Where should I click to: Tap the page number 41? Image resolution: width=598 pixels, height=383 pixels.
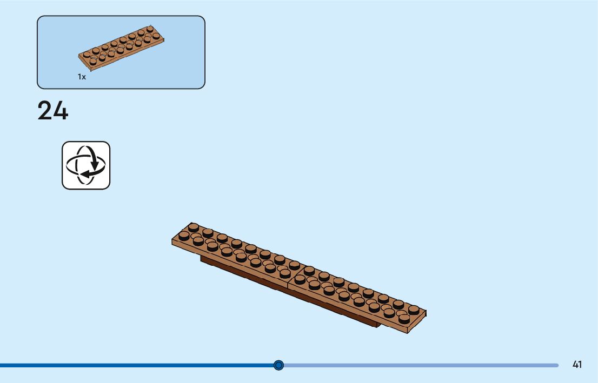point(577,365)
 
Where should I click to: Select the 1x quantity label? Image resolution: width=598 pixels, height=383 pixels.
point(82,77)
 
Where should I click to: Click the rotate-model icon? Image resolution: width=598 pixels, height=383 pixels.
point(86,165)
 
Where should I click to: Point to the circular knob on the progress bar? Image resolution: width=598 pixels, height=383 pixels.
point(278,365)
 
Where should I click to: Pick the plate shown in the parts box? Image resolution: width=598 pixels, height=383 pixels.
point(122,48)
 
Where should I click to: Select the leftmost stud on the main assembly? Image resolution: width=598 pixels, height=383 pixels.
point(184,236)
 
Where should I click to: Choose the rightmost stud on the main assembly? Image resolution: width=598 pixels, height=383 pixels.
point(414,310)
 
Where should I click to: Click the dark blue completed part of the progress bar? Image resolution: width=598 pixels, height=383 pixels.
point(135,365)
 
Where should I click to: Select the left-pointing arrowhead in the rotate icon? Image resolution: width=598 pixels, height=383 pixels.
point(82,174)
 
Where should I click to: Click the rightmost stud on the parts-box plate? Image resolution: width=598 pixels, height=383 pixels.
point(156,36)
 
